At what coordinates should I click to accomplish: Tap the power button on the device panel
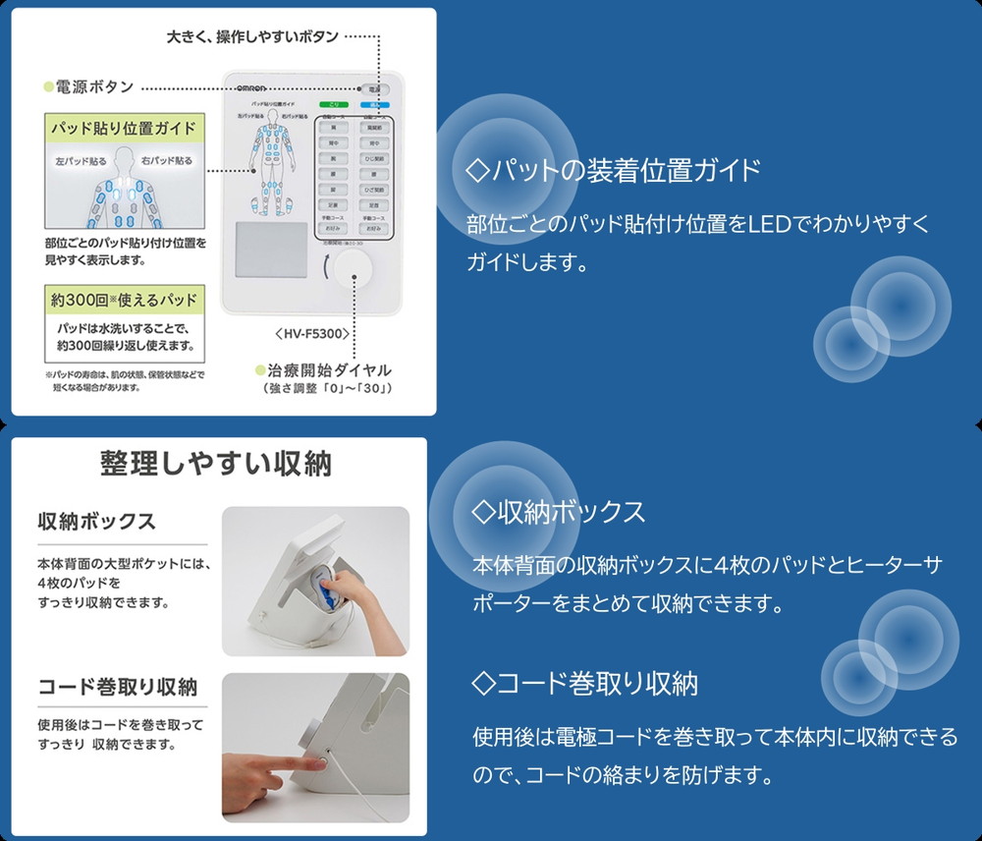click(x=374, y=88)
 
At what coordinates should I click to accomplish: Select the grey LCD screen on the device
click(x=272, y=245)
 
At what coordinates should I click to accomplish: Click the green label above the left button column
click(x=333, y=104)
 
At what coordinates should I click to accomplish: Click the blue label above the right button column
click(x=374, y=104)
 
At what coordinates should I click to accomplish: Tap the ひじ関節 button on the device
click(x=374, y=157)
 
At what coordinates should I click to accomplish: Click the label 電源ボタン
click(x=93, y=86)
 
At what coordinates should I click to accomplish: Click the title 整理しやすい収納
click(x=216, y=463)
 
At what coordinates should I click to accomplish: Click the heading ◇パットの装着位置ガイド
click(x=614, y=170)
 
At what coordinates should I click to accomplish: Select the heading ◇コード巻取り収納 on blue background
click(x=585, y=683)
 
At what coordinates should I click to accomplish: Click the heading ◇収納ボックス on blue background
click(x=559, y=512)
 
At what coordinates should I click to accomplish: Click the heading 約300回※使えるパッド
click(x=123, y=299)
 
